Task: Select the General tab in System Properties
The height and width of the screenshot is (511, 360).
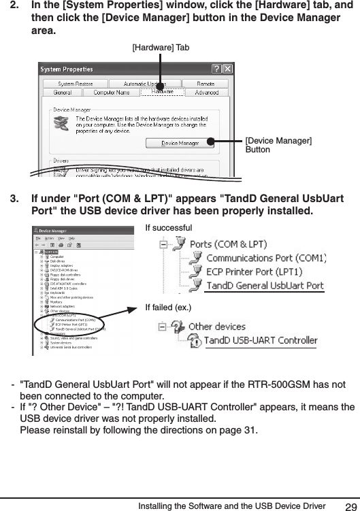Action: (x=63, y=92)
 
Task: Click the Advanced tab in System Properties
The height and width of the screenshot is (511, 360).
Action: (x=206, y=92)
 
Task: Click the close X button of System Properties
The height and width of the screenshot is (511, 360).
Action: (x=228, y=69)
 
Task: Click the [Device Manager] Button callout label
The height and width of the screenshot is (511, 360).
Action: (x=278, y=145)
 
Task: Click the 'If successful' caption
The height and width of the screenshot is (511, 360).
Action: (x=169, y=227)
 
